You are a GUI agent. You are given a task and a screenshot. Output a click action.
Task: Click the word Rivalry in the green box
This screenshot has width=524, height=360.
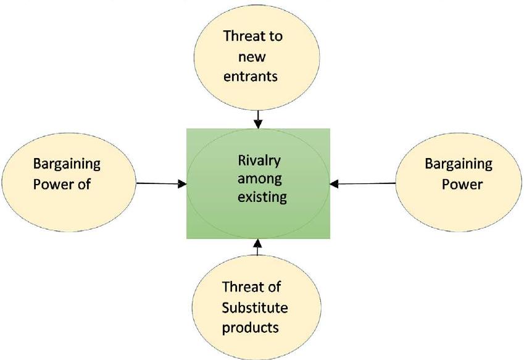(259, 161)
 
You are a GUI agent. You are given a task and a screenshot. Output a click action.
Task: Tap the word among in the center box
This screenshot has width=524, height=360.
(260, 178)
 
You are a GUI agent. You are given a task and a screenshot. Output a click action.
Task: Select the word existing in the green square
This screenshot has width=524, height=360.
(262, 197)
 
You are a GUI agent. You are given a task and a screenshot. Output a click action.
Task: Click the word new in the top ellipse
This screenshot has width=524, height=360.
(252, 57)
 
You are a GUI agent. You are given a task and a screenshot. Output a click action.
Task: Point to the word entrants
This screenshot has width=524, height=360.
(251, 77)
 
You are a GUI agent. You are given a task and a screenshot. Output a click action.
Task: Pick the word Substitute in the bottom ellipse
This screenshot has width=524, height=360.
(255, 308)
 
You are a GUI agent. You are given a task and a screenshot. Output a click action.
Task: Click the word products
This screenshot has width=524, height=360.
(251, 328)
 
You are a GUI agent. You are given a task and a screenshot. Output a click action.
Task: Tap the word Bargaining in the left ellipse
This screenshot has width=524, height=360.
(67, 164)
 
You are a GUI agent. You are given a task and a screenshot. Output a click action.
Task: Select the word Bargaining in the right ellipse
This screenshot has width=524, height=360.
(459, 164)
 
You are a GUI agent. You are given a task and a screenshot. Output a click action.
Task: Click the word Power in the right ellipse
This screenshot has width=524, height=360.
(462, 184)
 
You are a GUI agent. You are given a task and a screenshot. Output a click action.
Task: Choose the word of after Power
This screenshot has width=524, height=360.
(84, 184)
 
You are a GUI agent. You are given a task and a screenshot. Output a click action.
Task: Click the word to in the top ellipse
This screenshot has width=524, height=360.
(275, 36)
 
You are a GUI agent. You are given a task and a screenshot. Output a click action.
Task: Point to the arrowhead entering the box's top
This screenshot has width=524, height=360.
(258, 124)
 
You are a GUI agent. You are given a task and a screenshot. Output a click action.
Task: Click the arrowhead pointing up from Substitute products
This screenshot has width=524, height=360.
(257, 243)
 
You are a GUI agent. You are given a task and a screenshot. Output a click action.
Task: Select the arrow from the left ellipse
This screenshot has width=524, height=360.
(162, 183)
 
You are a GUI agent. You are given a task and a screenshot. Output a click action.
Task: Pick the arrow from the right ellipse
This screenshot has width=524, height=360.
(362, 183)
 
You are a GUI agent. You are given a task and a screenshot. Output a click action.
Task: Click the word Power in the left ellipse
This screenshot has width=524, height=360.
(54, 184)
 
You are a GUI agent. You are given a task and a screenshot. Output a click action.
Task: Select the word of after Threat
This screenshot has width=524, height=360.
(273, 287)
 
